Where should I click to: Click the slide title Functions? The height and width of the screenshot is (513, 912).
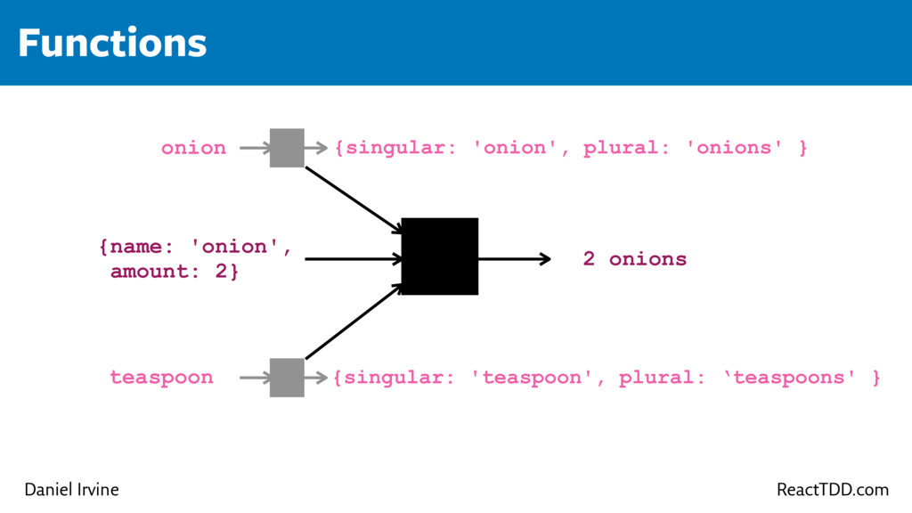click(x=112, y=43)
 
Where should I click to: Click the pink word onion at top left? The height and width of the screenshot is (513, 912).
click(x=193, y=148)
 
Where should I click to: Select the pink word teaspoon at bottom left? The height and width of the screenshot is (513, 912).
click(x=161, y=378)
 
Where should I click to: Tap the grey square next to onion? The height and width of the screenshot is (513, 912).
click(x=287, y=148)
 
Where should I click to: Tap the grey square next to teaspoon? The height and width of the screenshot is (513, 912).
click(x=287, y=378)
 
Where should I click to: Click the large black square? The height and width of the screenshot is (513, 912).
click(x=440, y=256)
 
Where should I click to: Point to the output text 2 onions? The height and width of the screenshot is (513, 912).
click(x=634, y=259)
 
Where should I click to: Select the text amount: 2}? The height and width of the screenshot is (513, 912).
click(x=175, y=272)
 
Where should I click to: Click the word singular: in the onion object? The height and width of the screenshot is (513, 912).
click(x=401, y=148)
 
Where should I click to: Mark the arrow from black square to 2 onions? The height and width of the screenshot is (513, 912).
click(x=514, y=259)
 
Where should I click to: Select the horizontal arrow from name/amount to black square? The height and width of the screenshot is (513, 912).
click(x=353, y=259)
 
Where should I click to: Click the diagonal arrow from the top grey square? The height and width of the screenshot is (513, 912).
click(x=354, y=200)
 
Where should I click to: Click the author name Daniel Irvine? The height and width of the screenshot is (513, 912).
click(x=71, y=490)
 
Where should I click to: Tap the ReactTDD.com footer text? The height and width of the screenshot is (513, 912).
click(x=832, y=490)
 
